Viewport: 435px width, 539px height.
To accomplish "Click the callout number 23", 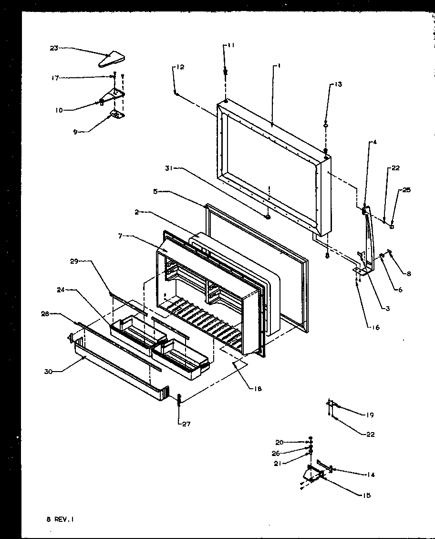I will tap(53, 48).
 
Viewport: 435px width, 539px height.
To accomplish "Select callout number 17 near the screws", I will tap(55, 78).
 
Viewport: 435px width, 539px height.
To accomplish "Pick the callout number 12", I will tap(180, 67).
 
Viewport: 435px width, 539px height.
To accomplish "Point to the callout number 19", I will tap(369, 415).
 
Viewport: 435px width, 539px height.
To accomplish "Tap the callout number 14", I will tap(370, 475).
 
